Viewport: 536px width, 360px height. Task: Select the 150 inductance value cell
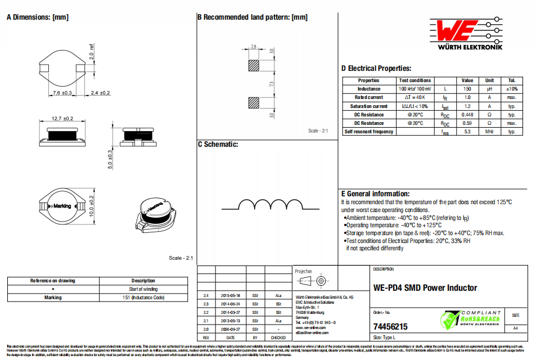pos(467,89)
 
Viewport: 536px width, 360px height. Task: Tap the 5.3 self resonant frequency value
pos(467,132)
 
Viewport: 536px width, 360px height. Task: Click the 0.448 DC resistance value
pos(467,115)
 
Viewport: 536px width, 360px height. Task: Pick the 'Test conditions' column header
pos(415,80)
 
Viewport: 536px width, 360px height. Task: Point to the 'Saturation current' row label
pos(369,106)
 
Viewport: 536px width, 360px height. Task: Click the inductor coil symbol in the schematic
pos(267,204)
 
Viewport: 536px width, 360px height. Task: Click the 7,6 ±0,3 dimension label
pos(62,92)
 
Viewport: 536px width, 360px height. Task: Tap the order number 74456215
pos(390,326)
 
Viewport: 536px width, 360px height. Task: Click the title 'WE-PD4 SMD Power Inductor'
pos(425,288)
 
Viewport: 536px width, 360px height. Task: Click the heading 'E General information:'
pos(375,193)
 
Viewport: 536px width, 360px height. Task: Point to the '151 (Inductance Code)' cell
pos(143,298)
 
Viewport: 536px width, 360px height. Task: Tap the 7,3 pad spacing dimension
pos(272,84)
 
